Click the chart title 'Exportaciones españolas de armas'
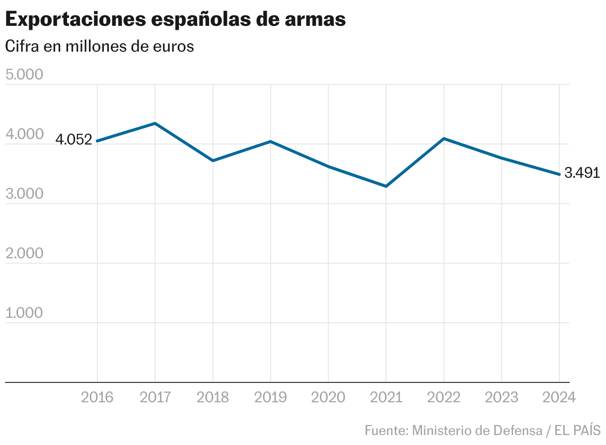click(x=175, y=19)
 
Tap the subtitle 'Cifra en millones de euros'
click(x=99, y=47)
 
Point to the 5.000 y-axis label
click(x=24, y=74)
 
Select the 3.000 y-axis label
click(x=24, y=194)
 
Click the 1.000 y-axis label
click(x=24, y=313)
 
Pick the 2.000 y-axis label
click(x=24, y=253)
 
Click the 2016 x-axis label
click(x=97, y=397)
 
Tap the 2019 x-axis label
click(x=270, y=397)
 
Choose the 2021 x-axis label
click(x=386, y=397)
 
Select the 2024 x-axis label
click(x=559, y=397)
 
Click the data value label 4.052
click(x=74, y=140)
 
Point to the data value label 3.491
click(x=582, y=173)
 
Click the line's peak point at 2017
click(x=155, y=123)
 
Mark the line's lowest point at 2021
click(x=386, y=186)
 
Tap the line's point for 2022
click(x=444, y=139)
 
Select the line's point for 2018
click(x=213, y=160)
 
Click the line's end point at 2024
click(x=559, y=174)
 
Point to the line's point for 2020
click(x=328, y=167)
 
